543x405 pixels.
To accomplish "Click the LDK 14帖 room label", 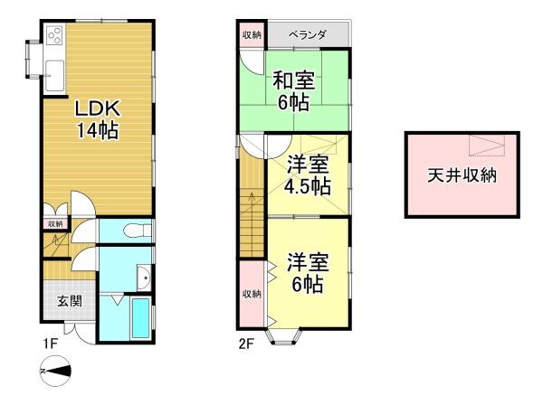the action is click(x=98, y=119).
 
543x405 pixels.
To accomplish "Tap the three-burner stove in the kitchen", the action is click(x=55, y=35).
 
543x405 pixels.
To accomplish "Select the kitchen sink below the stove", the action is click(x=55, y=75).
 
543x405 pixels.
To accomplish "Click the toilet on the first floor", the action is click(x=138, y=231).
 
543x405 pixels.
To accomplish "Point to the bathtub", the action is click(x=141, y=318).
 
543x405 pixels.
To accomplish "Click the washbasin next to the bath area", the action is click(x=144, y=278).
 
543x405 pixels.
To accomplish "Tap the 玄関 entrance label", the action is click(x=70, y=301).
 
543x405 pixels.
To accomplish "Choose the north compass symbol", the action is click(x=55, y=371).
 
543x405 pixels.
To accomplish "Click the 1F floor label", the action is click(x=50, y=344).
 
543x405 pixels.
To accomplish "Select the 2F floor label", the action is click(x=246, y=344).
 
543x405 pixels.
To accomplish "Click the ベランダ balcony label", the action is click(x=308, y=34).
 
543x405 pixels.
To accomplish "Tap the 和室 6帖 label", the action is click(x=293, y=91).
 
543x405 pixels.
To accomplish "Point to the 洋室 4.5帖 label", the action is click(x=308, y=175).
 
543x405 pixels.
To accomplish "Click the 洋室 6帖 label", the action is click(x=308, y=273).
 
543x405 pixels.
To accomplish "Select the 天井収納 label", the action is click(x=462, y=175).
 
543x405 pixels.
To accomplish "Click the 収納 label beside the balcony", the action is click(x=252, y=34).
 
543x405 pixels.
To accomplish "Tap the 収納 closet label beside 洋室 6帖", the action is click(x=252, y=294).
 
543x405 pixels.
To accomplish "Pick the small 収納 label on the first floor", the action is click(x=55, y=224).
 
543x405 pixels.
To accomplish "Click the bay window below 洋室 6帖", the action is click(x=283, y=336).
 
